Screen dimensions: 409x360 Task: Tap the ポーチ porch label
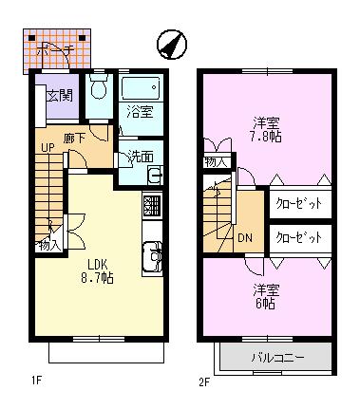[x=57, y=50]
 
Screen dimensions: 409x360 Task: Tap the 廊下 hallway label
[x=76, y=138]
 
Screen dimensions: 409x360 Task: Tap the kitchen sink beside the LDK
[x=152, y=255]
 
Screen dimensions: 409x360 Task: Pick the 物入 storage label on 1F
[x=48, y=246]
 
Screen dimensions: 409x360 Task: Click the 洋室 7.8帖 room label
[x=266, y=128]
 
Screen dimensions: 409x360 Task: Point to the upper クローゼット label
[x=297, y=203]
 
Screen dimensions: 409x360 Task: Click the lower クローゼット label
[x=297, y=237]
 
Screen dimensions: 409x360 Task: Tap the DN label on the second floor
[x=244, y=238]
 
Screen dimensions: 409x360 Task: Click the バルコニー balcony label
[x=276, y=358]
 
